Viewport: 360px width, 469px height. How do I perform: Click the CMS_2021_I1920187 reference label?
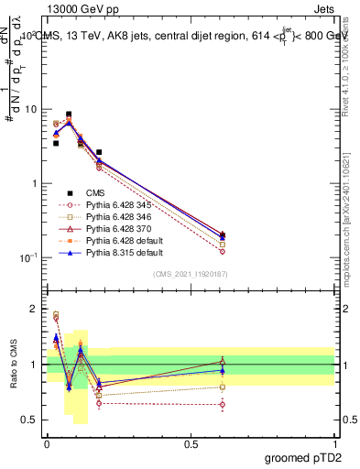[x=190, y=274]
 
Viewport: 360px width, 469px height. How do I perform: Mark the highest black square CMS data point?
[x=69, y=115]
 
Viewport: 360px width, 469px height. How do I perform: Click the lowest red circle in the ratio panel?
[x=223, y=404]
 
